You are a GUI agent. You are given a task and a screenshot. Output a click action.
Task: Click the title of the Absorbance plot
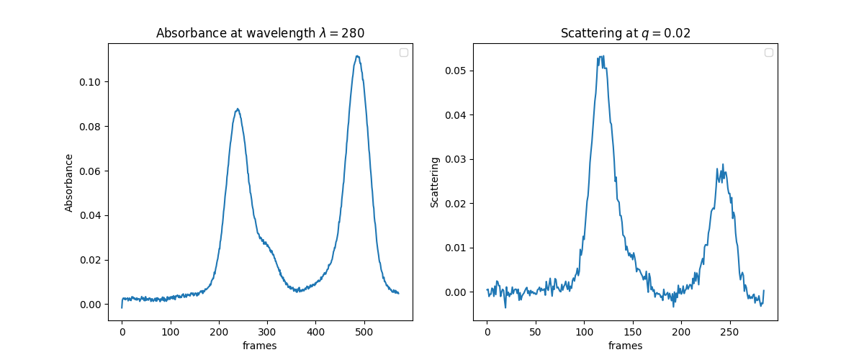pos(260,33)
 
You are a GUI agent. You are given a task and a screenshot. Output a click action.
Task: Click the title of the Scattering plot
pos(625,33)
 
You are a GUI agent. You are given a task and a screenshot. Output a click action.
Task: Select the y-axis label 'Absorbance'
pos(69,182)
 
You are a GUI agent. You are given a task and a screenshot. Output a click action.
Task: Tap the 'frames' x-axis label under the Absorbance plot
pos(260,346)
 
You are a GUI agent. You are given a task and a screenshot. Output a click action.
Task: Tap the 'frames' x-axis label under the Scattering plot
pos(625,346)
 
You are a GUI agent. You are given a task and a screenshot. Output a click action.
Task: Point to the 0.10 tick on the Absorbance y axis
pos(91,82)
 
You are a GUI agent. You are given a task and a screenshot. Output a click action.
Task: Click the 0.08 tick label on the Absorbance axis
pos(91,127)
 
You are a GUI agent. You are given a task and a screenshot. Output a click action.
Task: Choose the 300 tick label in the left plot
pos(267,333)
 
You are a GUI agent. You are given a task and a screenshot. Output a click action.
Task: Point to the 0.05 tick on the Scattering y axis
pos(456,71)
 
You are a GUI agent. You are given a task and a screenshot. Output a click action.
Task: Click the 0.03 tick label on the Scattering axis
pos(456,159)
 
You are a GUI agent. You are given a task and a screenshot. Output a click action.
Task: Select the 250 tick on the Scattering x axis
pos(729,333)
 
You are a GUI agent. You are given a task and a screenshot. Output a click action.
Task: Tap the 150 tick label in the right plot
pos(632,333)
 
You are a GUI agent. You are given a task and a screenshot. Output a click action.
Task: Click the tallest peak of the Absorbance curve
pos(357,56)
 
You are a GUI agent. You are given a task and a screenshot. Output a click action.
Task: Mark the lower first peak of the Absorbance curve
pos(237,109)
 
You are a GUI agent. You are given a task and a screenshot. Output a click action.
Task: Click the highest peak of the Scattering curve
pos(600,56)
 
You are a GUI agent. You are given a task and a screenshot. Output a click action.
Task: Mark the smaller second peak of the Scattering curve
pos(722,165)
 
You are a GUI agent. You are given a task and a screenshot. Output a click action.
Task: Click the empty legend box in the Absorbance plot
pos(403,53)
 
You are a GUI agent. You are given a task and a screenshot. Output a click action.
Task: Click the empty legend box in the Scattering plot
pos(768,53)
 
